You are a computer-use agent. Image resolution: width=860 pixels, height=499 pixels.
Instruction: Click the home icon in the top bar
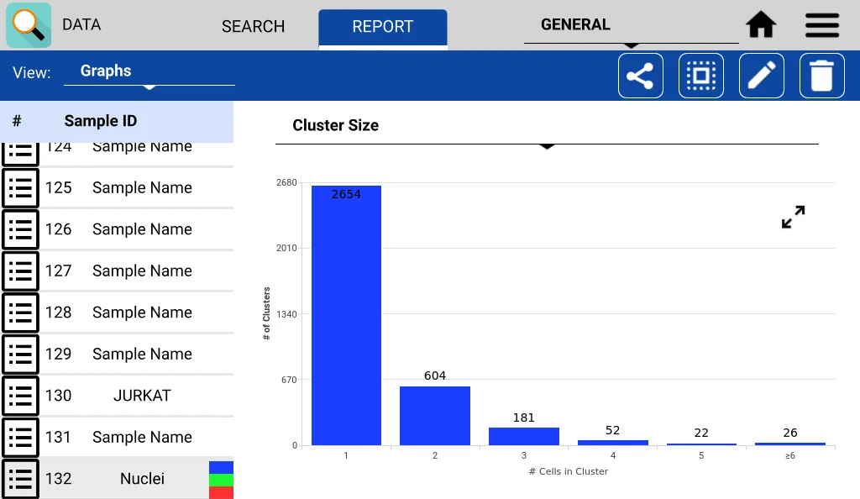[x=761, y=25]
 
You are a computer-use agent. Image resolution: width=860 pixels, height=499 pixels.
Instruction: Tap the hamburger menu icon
[x=822, y=25]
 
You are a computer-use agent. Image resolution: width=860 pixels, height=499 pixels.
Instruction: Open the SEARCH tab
[x=253, y=27]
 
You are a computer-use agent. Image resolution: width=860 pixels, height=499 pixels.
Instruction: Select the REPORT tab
[x=382, y=27]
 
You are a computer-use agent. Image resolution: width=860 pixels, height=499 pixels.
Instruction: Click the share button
[x=641, y=76]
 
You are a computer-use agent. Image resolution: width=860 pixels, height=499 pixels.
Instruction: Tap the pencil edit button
[x=762, y=76]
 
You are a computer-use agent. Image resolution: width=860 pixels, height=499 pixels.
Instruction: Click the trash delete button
[x=822, y=76]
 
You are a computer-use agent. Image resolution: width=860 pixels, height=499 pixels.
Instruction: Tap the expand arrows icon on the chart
[x=793, y=218]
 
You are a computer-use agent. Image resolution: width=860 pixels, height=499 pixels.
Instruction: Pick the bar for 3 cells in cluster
[x=524, y=436]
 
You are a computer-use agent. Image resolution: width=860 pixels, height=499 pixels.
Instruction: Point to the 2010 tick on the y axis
[x=286, y=249]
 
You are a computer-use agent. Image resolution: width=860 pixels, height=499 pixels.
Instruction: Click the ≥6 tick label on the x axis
[x=790, y=455]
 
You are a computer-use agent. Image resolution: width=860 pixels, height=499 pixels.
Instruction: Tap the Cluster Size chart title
[x=336, y=126]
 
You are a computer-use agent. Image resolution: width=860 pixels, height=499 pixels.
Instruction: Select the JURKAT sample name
[x=142, y=396]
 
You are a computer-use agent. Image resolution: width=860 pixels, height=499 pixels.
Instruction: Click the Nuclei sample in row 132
[x=142, y=479]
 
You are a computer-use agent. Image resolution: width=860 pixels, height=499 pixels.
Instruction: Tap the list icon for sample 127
[x=20, y=271]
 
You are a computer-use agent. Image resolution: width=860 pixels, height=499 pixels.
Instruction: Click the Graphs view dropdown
[x=149, y=72]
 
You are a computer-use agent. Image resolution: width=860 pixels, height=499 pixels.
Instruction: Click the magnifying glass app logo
[x=29, y=25]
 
